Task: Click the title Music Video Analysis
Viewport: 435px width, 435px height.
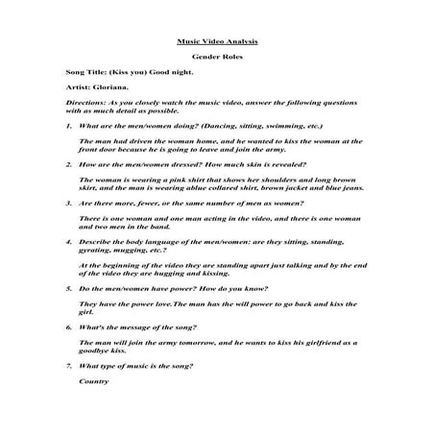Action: coord(217,42)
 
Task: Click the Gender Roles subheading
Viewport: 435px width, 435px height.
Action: coord(217,59)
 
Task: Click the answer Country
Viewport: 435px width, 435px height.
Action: coord(93,382)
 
